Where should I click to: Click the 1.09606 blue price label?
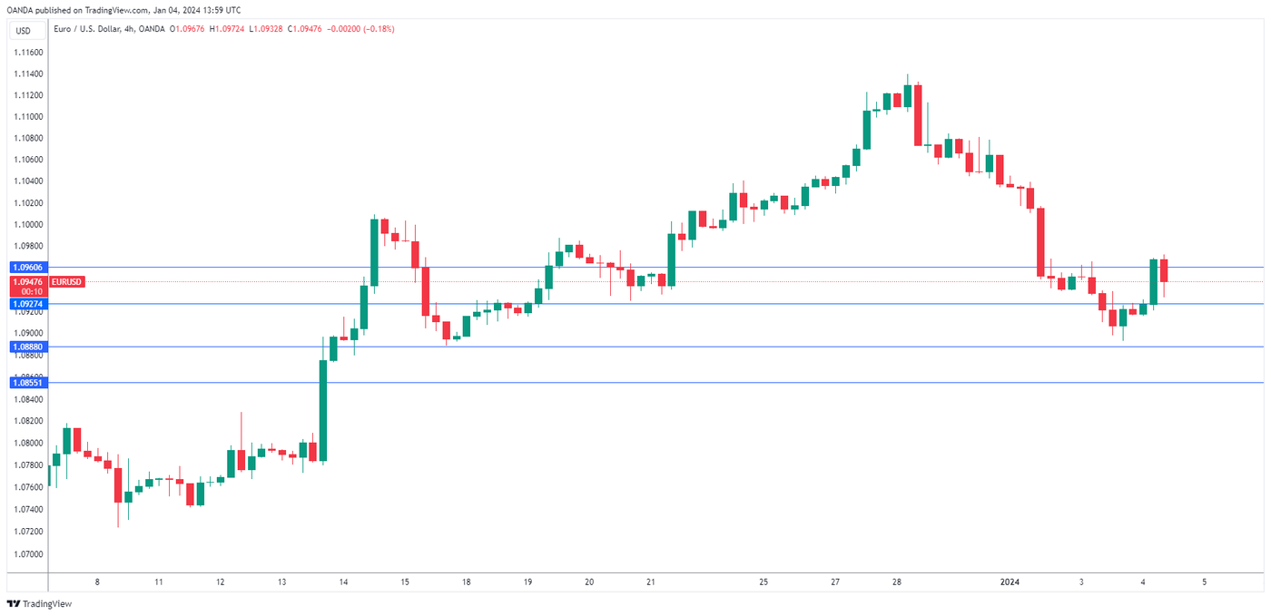click(x=27, y=268)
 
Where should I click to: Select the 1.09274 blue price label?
click(x=27, y=304)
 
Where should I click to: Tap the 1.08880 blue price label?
click(x=27, y=347)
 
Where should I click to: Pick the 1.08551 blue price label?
click(x=27, y=383)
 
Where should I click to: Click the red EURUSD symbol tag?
click(x=67, y=282)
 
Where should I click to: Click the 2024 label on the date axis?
click(x=1010, y=582)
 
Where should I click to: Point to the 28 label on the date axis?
click(x=896, y=582)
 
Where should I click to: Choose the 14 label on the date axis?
click(x=343, y=582)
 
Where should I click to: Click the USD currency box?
click(x=23, y=31)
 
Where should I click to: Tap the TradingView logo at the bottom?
click(x=40, y=604)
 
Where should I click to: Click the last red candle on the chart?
click(x=1163, y=270)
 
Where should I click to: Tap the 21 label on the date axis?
click(x=650, y=582)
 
